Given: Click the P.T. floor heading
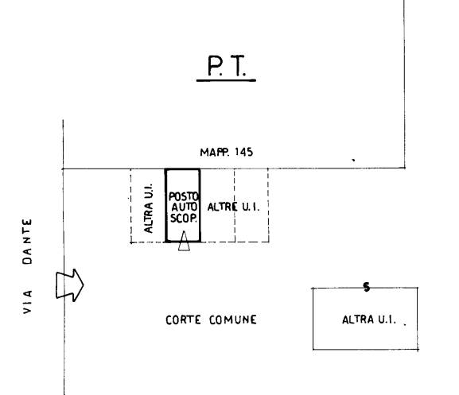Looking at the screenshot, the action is [227, 66].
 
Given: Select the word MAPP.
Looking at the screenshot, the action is [215, 152].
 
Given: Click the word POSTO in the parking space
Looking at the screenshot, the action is [184, 196].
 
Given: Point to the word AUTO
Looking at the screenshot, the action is [184, 207].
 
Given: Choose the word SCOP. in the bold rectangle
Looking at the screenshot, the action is [184, 218].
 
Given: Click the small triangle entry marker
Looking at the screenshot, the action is [184, 241].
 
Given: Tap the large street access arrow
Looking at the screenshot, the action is [70, 285].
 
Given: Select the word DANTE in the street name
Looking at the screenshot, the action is [27, 242].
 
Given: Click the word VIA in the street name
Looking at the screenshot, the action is [27, 302].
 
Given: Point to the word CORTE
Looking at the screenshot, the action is [183, 319].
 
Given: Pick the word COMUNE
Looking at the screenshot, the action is [233, 319].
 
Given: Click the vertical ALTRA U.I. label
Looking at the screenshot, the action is [149, 208].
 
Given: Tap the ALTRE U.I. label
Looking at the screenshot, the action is [233, 207].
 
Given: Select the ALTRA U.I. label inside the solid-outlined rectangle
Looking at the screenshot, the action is [369, 319].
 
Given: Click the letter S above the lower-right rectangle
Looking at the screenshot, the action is [367, 287].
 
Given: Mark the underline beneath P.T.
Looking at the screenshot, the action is [226, 80].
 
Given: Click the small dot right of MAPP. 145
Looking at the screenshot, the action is [354, 160].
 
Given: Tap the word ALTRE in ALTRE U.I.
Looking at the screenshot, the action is [222, 207].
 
